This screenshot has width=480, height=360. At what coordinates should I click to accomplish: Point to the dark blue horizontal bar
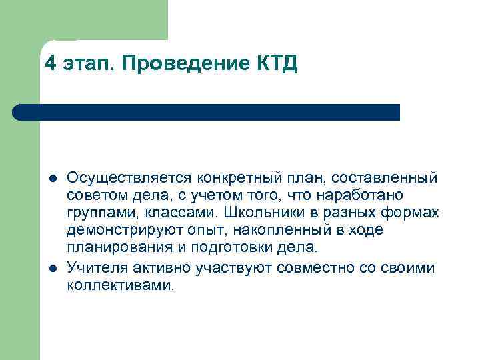coord(207,112)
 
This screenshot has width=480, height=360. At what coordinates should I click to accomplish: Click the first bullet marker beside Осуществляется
coord(52,179)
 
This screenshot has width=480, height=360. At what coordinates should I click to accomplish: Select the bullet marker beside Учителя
coord(52,268)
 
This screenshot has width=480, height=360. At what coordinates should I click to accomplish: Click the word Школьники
coord(263,213)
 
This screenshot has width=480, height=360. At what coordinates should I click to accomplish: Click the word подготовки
coord(225,247)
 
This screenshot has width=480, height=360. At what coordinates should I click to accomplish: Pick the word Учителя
coord(95,267)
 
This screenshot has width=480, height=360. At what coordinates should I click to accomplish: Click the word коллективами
coord(120,285)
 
